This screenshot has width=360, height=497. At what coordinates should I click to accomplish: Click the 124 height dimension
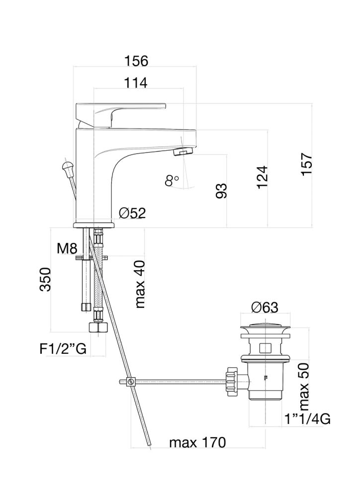click(x=263, y=176)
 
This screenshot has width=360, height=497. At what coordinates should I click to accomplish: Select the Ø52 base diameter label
click(x=132, y=213)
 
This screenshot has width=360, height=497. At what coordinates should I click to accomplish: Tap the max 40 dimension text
click(x=140, y=284)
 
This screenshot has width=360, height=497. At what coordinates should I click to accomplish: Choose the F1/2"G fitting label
click(x=63, y=349)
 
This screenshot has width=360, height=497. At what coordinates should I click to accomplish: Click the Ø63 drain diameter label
click(x=264, y=307)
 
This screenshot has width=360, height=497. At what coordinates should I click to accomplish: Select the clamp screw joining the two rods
click(x=131, y=382)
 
